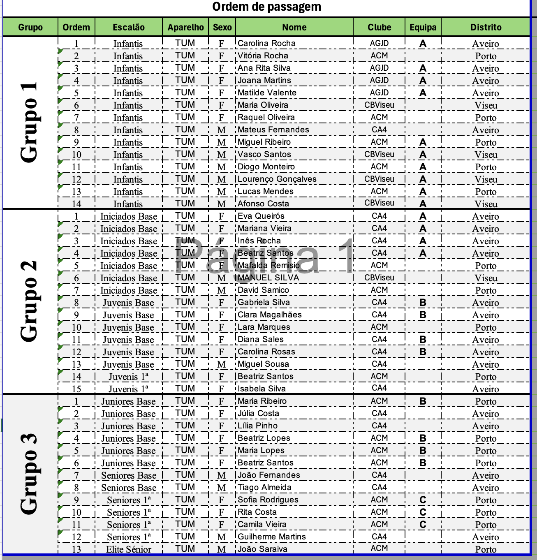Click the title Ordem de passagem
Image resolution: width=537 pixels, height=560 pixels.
coord(266,7)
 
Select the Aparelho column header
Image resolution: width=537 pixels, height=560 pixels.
coord(185,28)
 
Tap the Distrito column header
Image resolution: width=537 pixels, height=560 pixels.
coord(486,28)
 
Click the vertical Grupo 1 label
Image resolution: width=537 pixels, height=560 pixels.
coord(30,122)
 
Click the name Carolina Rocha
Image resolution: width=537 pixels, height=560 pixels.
coord(266,43)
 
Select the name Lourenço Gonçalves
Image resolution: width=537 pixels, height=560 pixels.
coord(277,179)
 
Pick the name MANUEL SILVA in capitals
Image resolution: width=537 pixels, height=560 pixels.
coord(268,278)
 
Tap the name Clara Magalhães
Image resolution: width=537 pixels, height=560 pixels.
coord(269,315)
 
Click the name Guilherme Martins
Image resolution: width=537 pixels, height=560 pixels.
coord(271,537)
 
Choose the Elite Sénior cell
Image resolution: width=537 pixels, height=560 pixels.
coord(128,549)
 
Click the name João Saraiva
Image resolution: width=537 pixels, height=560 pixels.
coord(262,549)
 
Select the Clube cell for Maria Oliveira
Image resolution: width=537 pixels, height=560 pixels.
coord(379,105)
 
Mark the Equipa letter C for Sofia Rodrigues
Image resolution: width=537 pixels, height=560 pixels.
coord(423,500)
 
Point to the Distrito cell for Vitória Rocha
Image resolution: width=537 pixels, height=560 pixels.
coord(486,56)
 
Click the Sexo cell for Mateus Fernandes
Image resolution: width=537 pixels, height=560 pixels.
coord(222,130)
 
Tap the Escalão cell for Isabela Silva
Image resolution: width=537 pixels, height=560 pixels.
coord(128,389)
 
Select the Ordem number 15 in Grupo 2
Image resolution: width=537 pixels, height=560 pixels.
coord(76,389)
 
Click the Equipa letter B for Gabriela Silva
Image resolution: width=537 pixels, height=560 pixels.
coord(423,303)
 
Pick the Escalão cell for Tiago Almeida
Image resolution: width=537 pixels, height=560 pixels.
coord(128,488)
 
